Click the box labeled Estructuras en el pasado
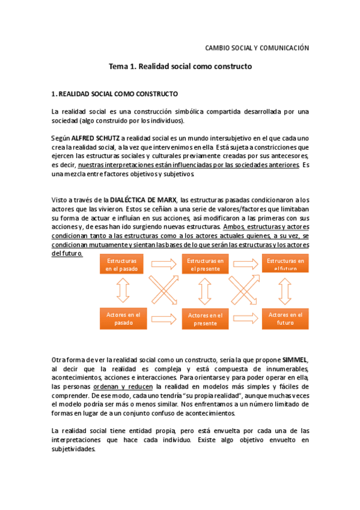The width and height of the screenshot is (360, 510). click(x=122, y=265)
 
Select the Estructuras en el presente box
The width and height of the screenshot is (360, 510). click(x=206, y=265)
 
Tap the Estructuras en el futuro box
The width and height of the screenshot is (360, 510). click(x=285, y=265)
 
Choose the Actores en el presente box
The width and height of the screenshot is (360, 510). click(x=206, y=319)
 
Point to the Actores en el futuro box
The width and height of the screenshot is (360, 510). click(x=285, y=318)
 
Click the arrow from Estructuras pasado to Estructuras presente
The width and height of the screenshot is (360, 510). click(x=163, y=263)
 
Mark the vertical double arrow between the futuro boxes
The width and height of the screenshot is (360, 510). click(x=285, y=290)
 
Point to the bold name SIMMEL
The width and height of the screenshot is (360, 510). click(x=295, y=360)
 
